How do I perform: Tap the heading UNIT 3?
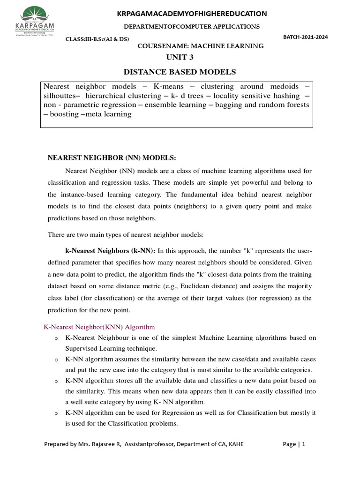pos(180,58)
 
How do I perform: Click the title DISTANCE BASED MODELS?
pos(180,72)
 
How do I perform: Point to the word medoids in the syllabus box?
pos(287,87)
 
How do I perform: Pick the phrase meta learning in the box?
pos(110,114)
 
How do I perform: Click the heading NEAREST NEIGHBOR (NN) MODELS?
pos(112,157)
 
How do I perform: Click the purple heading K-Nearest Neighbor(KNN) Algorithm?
pos(99,326)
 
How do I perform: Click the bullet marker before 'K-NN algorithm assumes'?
pos(56,360)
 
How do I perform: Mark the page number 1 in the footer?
pos(303,444)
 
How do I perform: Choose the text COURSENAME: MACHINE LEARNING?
pos(200,46)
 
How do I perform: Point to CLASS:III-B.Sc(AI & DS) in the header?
pos(97,39)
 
